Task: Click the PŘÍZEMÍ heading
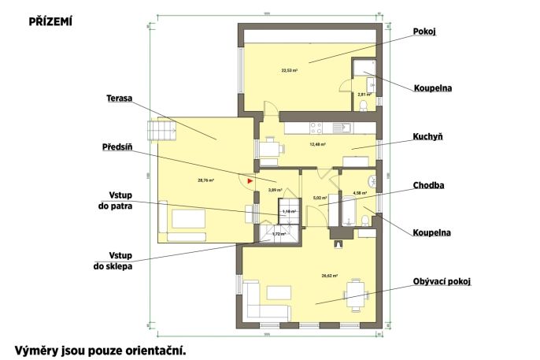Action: pyautogui.click(x=50, y=22)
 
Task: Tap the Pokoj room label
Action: pyautogui.click(x=424, y=32)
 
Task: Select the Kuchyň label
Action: pyautogui.click(x=427, y=136)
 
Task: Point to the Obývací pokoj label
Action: pyautogui.click(x=441, y=281)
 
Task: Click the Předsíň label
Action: pyautogui.click(x=115, y=147)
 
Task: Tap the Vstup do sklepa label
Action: pyautogui.click(x=109, y=261)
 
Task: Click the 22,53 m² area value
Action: pyautogui.click(x=289, y=70)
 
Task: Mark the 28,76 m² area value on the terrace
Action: pyautogui.click(x=206, y=180)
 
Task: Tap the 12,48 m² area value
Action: pyautogui.click(x=317, y=145)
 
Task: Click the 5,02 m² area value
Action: pyautogui.click(x=320, y=198)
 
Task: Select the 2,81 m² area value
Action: pyautogui.click(x=364, y=94)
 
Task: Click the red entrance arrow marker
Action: pyautogui.click(x=251, y=180)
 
